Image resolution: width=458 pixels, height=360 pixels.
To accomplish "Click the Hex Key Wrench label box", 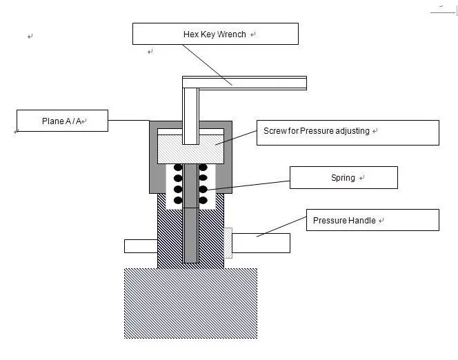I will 215,34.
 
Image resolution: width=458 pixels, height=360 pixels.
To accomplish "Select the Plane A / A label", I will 62,121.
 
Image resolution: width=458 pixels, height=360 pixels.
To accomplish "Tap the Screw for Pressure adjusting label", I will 347,132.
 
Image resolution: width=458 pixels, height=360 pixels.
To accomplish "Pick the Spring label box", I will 343,177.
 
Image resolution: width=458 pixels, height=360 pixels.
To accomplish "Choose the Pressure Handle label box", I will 372,220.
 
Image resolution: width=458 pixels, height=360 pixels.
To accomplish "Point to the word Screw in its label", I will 275,131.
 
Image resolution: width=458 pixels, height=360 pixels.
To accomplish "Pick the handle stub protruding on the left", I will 141,245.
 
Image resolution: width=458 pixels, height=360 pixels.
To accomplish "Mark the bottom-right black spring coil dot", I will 203,200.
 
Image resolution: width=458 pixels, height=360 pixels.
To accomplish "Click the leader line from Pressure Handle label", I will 281,228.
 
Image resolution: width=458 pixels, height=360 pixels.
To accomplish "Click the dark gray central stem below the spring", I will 191,234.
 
